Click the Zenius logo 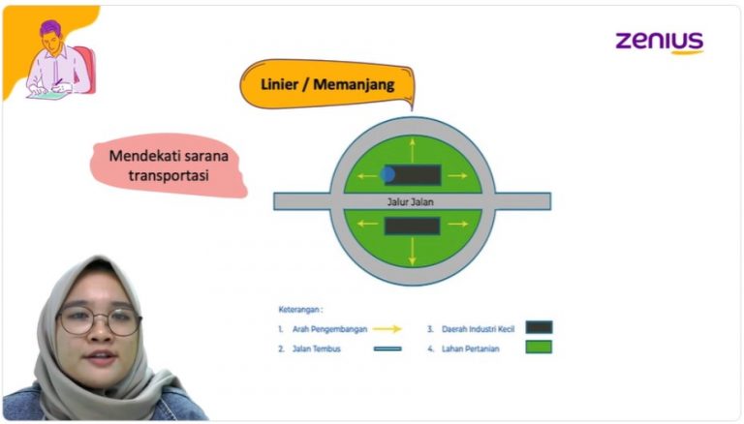pos(659,42)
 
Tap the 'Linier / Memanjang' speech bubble pos(327,85)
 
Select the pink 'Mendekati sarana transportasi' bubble pos(168,165)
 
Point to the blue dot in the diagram pos(387,174)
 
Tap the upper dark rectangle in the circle pos(414,175)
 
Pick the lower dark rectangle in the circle pos(413,226)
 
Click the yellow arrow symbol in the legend pos(387,329)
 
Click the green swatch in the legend pos(539,347)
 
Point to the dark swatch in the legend pos(539,328)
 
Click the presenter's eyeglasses pos(99,319)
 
